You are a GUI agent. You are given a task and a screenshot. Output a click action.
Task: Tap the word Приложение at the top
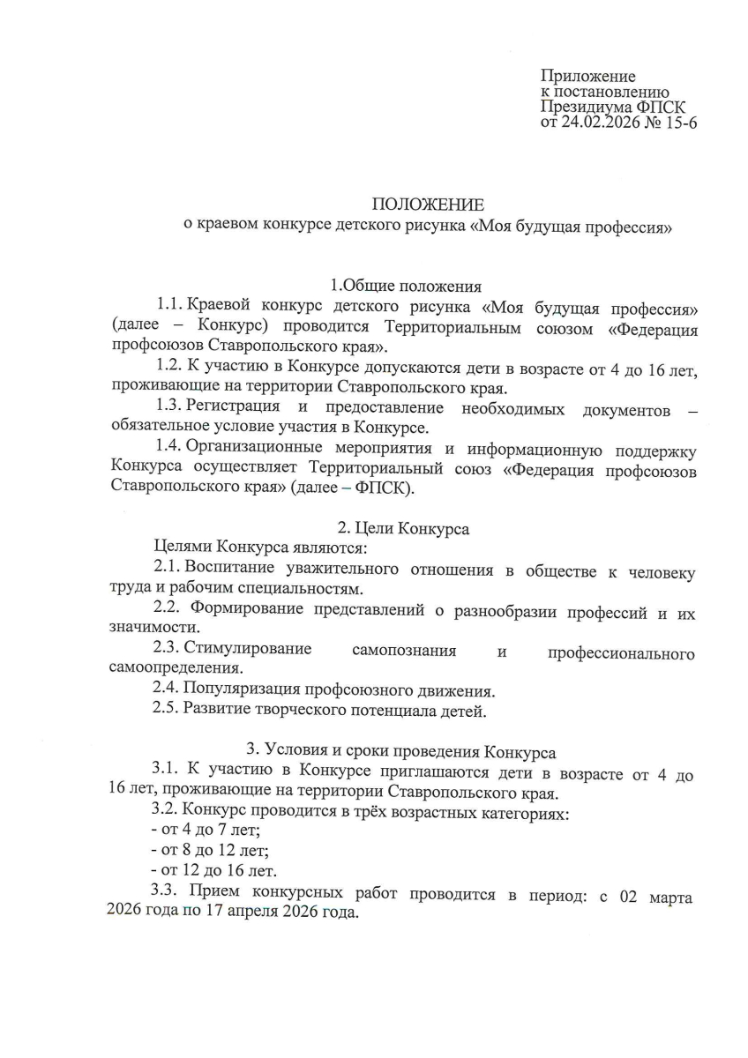(587, 77)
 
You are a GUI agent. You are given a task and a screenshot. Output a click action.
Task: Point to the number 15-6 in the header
(680, 123)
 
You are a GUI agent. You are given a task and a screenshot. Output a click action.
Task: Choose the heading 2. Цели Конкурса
(404, 529)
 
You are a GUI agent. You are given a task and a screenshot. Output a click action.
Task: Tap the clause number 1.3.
(168, 407)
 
